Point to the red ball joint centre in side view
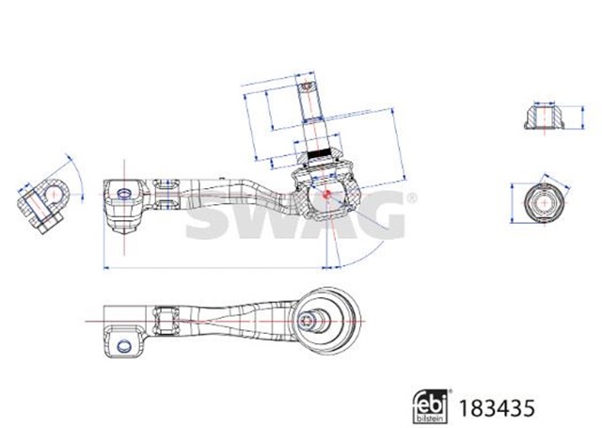coord(325,194)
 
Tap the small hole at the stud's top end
coord(308,87)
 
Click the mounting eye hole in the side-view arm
coord(123,194)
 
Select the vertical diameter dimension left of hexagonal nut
coord(512,201)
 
